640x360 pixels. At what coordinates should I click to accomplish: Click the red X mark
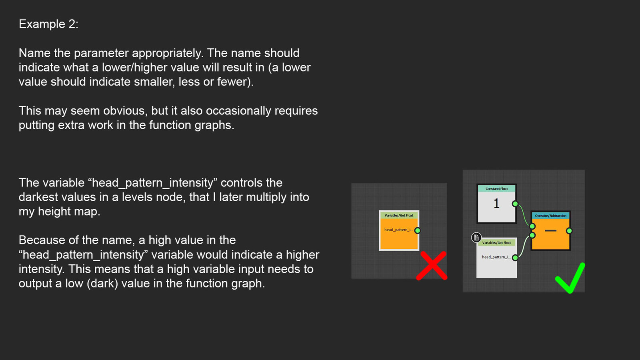pos(432,266)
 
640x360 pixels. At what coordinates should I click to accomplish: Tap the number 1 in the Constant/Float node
pos(496,204)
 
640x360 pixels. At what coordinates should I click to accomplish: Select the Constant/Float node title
pos(496,188)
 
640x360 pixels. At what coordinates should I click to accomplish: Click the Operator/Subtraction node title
pos(550,216)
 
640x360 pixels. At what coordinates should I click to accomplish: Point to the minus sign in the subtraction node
pos(550,230)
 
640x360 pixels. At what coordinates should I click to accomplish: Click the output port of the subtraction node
pos(569,230)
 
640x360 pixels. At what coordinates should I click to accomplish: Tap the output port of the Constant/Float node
pos(515,204)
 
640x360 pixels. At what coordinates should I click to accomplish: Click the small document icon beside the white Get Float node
pos(476,237)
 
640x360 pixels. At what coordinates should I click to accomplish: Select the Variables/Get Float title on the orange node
pos(399,216)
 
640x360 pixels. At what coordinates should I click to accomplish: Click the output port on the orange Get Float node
pos(418,230)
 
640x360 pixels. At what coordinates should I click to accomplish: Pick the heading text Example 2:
pos(48,24)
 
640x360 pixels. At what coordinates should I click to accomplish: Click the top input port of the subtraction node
pos(532,226)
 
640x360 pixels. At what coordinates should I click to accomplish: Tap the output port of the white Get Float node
pos(515,258)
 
